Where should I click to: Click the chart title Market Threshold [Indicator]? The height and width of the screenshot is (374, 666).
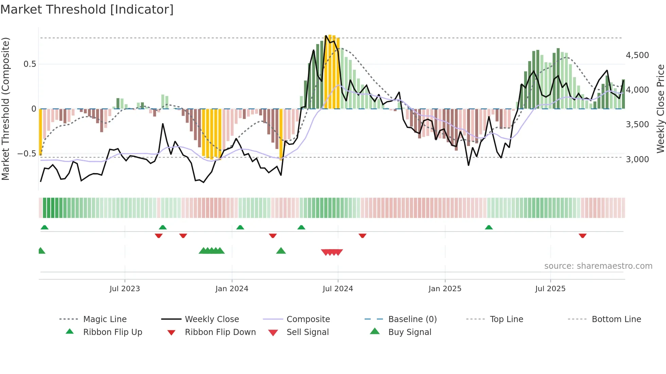click(87, 10)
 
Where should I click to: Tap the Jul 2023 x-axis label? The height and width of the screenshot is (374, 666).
click(125, 289)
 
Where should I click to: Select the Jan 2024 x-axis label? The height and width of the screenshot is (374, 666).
click(232, 289)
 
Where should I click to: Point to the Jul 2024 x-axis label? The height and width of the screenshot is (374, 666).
click(338, 289)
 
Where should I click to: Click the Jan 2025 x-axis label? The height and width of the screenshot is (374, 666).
click(445, 289)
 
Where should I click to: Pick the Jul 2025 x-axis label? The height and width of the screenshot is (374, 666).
click(550, 289)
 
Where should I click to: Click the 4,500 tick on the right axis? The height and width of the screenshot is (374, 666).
click(637, 55)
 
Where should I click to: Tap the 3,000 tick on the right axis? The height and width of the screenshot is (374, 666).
click(637, 160)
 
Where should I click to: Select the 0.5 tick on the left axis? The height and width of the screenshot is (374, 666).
click(30, 64)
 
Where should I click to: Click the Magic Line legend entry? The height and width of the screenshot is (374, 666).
click(105, 319)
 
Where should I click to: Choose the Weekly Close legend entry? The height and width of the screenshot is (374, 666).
click(212, 319)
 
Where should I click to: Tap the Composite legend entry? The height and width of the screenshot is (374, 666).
click(308, 319)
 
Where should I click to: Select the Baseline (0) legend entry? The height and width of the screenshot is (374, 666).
click(412, 319)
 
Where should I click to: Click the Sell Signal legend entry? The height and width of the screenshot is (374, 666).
click(308, 332)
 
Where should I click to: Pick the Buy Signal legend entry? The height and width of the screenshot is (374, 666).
click(409, 332)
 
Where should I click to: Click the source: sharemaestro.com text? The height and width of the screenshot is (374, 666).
click(598, 266)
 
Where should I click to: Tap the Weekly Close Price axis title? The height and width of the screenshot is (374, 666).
click(660, 109)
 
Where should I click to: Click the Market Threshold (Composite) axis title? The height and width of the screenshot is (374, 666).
click(5, 109)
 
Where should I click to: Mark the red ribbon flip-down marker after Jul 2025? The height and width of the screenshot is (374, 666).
click(582, 236)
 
